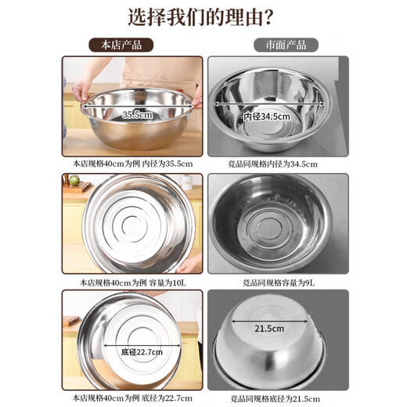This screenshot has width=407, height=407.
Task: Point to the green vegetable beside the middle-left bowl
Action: (74, 181)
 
